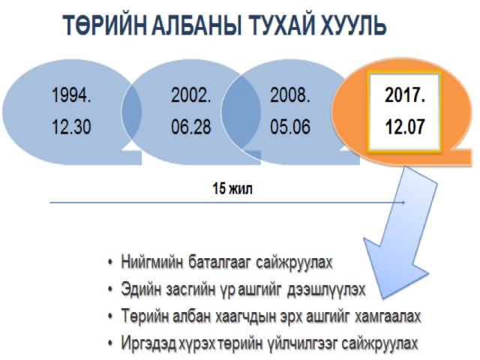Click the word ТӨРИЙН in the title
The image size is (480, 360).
click(x=105, y=25)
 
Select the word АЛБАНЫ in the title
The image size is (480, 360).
click(x=196, y=25)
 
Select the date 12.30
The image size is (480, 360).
click(x=72, y=127)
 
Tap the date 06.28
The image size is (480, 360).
click(x=191, y=127)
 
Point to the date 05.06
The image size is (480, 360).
click(x=290, y=127)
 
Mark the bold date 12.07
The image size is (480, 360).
click(x=405, y=127)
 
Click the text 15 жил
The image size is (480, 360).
click(x=232, y=188)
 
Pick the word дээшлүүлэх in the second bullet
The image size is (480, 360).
click(x=326, y=289)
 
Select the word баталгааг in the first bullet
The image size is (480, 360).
click(x=220, y=262)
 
